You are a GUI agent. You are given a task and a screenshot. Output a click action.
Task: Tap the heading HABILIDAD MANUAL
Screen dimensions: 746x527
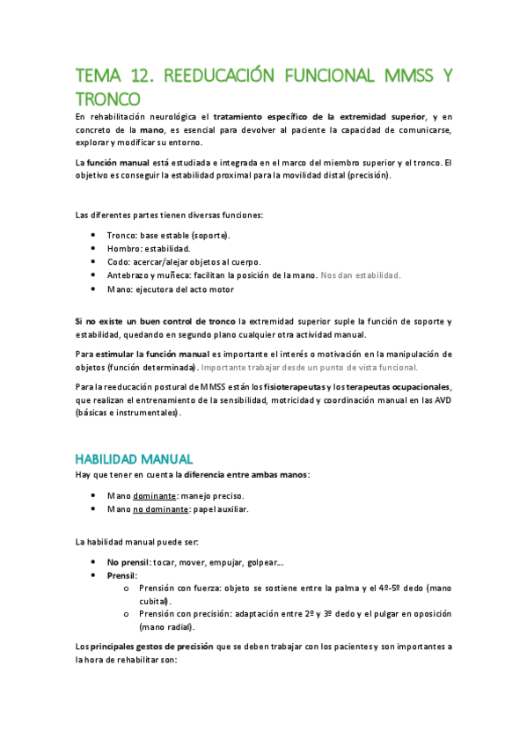(134, 459)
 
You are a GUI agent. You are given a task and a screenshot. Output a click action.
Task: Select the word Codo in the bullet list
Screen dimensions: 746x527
(119, 261)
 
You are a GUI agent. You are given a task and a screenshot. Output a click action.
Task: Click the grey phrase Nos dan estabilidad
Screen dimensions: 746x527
(361, 274)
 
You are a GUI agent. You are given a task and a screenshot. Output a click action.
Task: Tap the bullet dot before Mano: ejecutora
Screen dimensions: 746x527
(93, 289)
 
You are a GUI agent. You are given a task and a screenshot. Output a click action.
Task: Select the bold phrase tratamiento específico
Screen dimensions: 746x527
(270, 116)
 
